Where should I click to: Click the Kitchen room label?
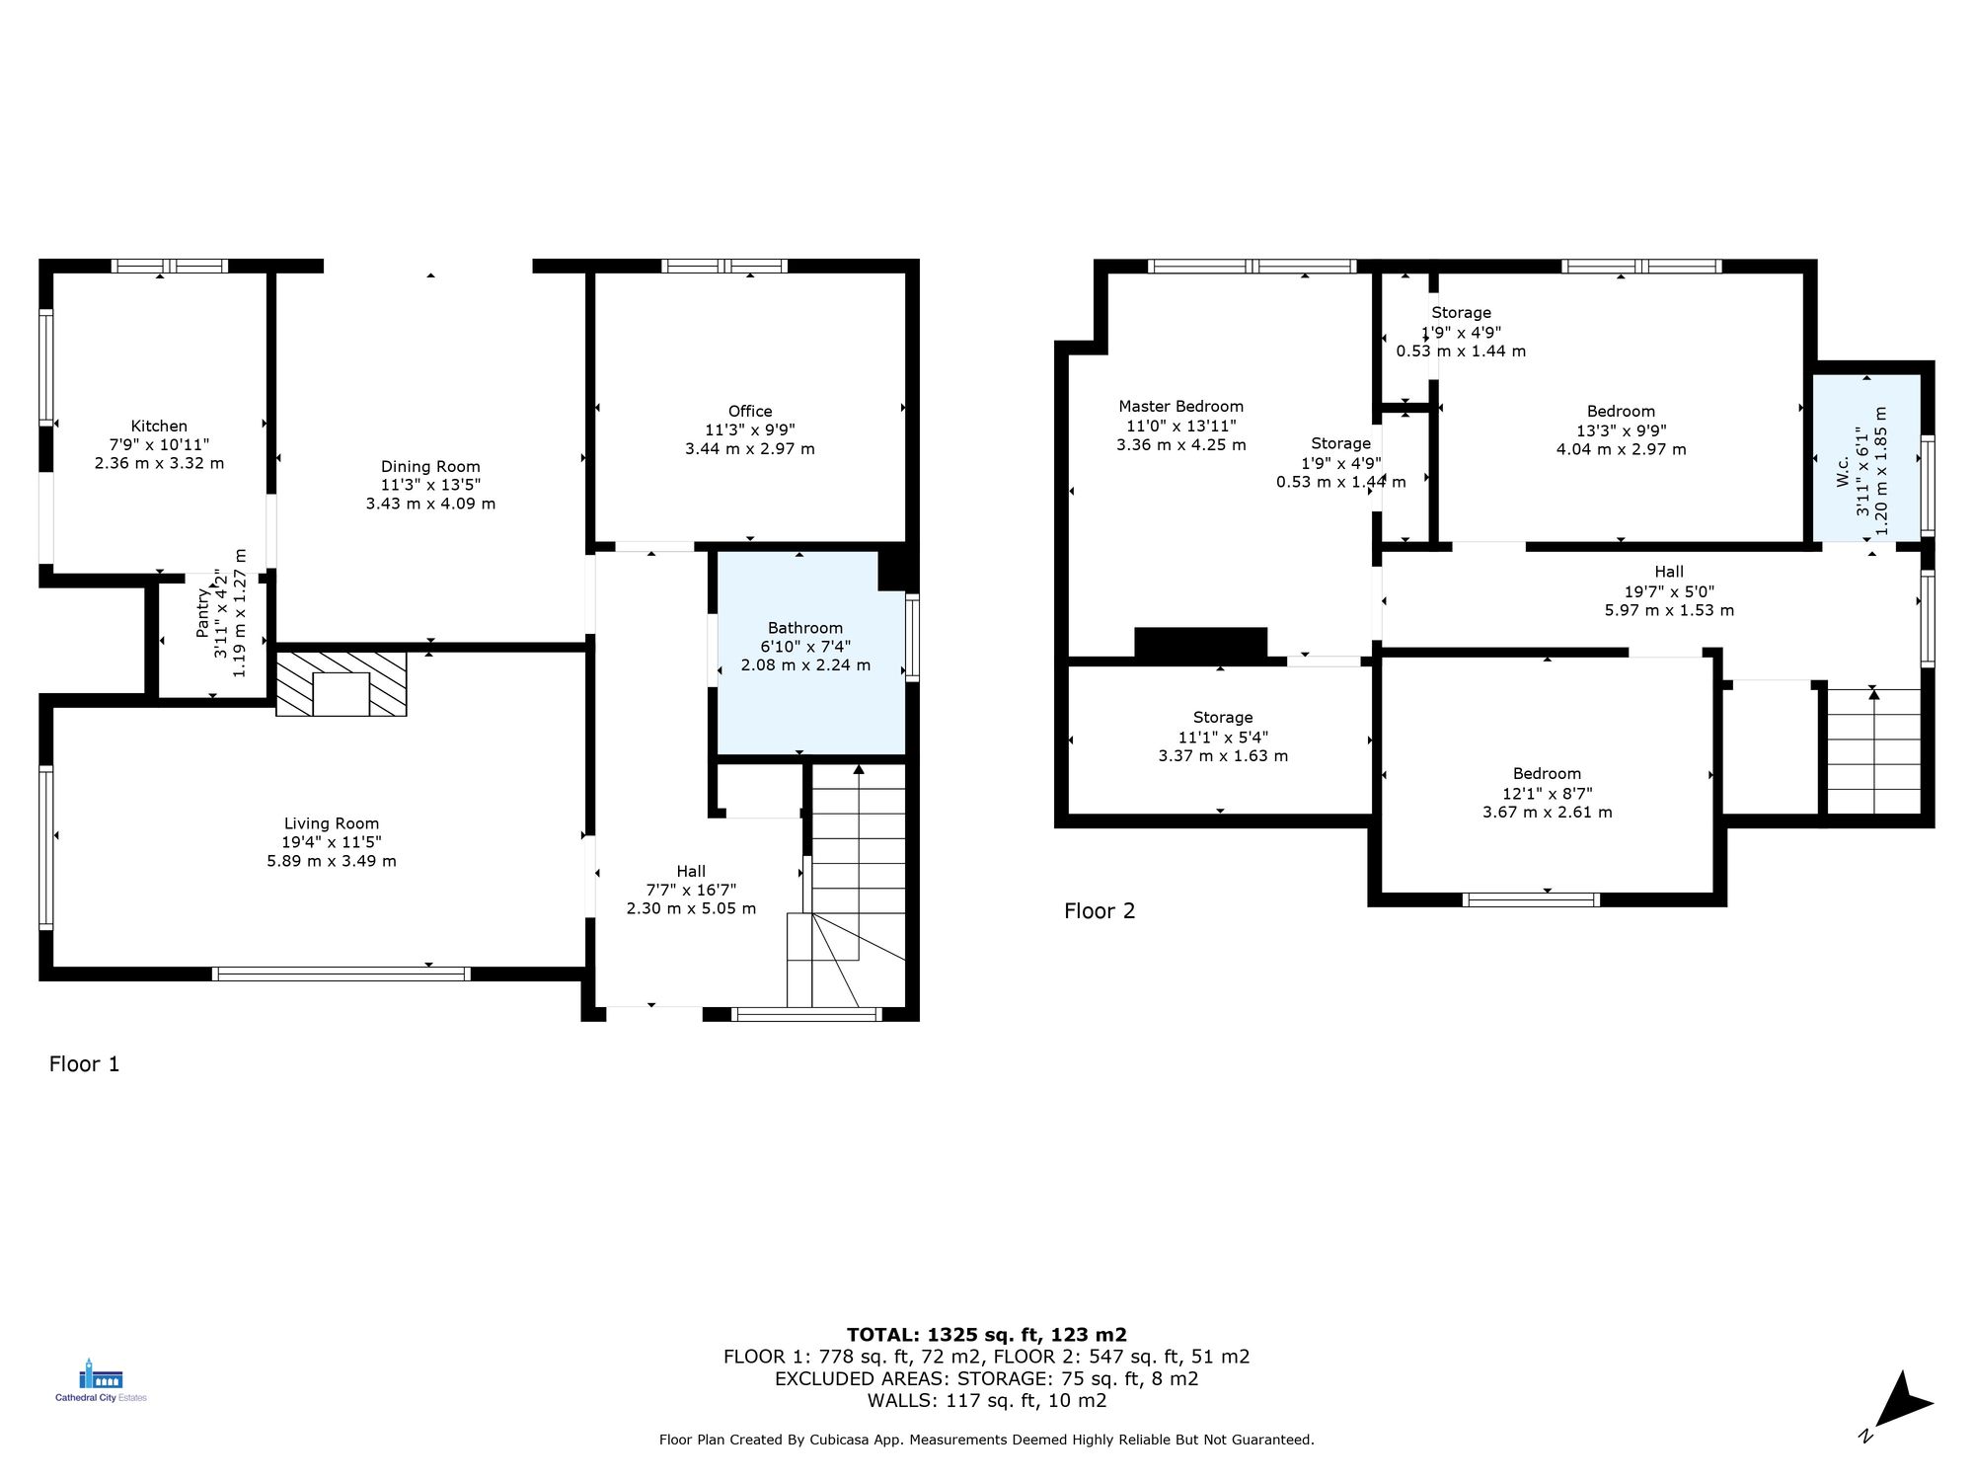159,427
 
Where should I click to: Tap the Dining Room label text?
430,467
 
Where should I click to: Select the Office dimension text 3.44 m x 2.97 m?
750,449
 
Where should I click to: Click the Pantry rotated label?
203,612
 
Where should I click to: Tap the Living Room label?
332,823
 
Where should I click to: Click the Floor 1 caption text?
84,1064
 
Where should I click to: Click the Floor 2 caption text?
1100,911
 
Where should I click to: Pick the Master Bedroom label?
1180,407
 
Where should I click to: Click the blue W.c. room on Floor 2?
1865,457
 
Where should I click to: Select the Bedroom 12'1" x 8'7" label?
1547,793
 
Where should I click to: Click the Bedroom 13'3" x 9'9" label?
1621,430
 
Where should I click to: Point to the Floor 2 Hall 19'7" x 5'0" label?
1669,590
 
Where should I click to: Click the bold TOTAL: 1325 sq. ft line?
986,1335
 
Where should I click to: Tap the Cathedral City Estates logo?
101,1380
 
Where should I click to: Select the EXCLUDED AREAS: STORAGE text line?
986,1378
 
